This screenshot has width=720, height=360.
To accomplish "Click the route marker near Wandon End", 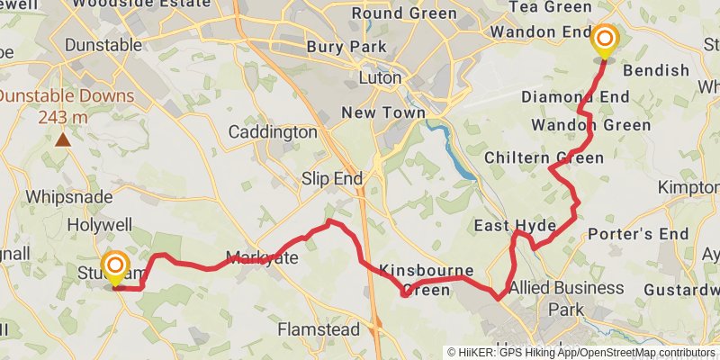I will [x=605, y=40].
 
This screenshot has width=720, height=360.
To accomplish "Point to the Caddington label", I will [x=273, y=132].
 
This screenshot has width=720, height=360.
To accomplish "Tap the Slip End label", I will [x=332, y=179].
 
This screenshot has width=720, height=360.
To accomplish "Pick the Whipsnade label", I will [x=69, y=196].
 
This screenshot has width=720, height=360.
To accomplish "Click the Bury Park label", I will [x=346, y=46].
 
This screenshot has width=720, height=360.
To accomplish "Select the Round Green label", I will [x=399, y=13].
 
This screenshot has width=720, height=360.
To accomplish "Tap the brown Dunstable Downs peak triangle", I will [x=63, y=139].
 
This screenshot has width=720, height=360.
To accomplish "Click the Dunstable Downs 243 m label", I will [x=67, y=106].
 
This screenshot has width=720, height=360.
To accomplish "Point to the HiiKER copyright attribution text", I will [x=581, y=352].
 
